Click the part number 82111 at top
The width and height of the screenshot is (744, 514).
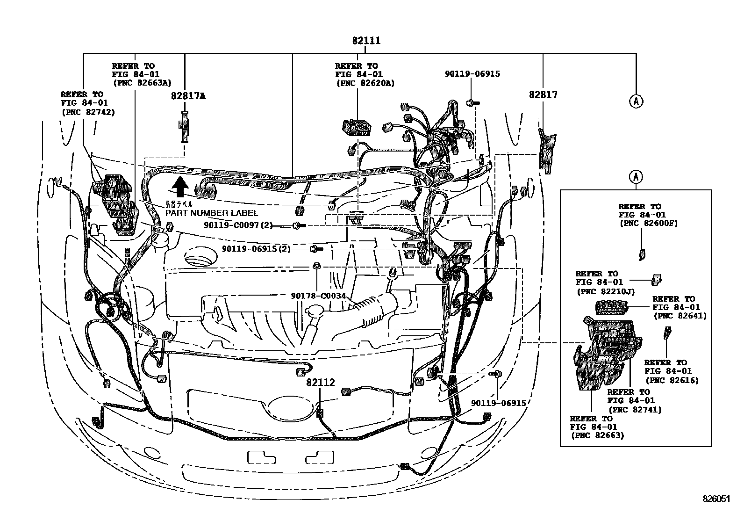tap(366, 41)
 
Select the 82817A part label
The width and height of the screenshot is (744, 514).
tap(188, 96)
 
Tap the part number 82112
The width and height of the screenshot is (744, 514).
tap(321, 383)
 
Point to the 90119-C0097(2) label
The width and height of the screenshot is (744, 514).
tap(238, 225)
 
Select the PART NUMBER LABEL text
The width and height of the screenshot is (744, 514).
tap(211, 213)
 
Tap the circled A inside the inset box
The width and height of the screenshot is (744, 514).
tap(636, 177)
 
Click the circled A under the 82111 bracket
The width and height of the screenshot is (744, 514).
tap(636, 101)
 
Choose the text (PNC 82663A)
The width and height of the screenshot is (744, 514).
tap(142, 82)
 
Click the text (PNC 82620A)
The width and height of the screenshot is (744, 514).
tap(365, 83)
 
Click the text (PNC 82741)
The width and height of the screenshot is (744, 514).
tap(635, 410)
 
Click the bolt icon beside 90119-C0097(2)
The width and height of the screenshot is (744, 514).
tap(298, 226)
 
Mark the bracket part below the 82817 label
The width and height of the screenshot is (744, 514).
tap(546, 150)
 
